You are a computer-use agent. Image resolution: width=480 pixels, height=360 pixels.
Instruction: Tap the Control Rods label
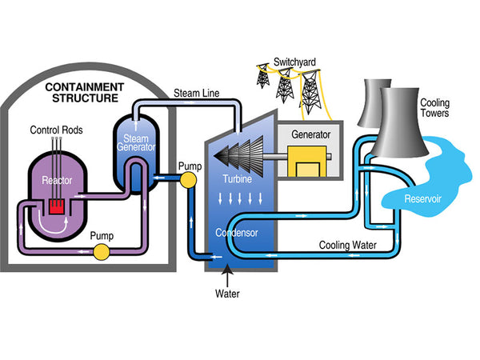click(x=58, y=130)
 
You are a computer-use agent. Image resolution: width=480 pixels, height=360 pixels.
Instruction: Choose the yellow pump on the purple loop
click(x=101, y=253)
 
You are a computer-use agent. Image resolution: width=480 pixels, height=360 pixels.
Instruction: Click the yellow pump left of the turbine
click(x=188, y=178)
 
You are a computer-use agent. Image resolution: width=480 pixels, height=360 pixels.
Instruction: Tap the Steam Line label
click(x=196, y=94)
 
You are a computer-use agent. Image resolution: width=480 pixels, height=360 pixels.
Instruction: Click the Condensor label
click(x=237, y=234)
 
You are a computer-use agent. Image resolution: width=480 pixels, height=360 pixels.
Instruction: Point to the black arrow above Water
click(x=227, y=277)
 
